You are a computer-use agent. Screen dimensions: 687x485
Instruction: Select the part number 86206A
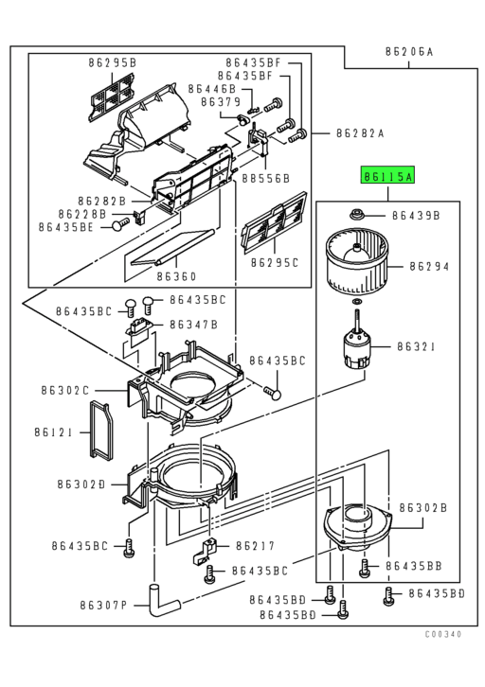[408, 51]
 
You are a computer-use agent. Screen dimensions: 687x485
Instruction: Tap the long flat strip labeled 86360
[171, 250]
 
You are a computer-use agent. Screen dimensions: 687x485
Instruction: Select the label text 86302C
[64, 390]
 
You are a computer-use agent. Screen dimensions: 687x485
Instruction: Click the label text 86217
[255, 546]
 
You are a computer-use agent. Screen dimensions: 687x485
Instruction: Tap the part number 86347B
[193, 325]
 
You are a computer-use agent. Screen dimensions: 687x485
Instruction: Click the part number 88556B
[264, 177]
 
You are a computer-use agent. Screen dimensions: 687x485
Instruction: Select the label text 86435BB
[414, 565]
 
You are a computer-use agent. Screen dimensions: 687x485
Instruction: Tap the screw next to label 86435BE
[118, 225]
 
